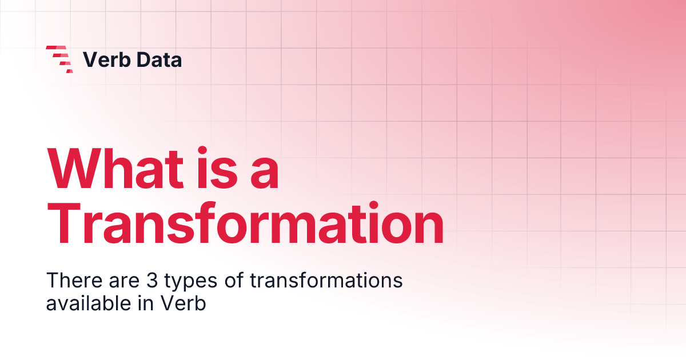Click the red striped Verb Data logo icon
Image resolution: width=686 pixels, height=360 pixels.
[x=59, y=59]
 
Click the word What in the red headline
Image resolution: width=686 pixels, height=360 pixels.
[x=118, y=170]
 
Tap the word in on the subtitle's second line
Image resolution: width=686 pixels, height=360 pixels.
[x=143, y=303]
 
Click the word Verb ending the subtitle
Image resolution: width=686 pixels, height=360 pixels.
[x=182, y=303]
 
